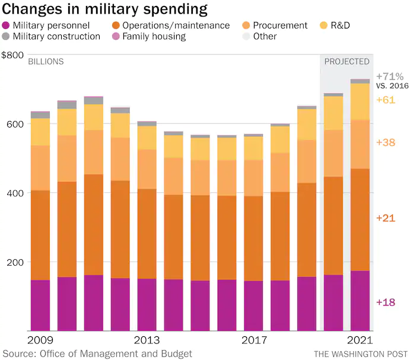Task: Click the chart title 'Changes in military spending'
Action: (x=105, y=9)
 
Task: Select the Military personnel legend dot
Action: (x=6, y=26)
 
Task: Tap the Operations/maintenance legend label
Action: (x=176, y=26)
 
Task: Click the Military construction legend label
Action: (x=56, y=36)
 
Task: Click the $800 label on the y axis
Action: (x=12, y=55)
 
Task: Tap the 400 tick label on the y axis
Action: (x=15, y=193)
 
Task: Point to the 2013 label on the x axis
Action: (x=147, y=340)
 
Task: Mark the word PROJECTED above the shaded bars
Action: (x=347, y=62)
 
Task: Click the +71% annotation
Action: (x=389, y=77)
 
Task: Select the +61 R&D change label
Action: (x=386, y=100)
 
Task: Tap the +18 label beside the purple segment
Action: (x=386, y=302)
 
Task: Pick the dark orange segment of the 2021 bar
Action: (x=360, y=219)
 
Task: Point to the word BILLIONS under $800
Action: (x=46, y=62)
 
